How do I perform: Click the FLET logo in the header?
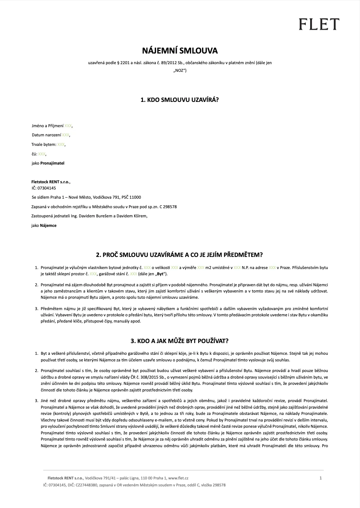click(x=318, y=24)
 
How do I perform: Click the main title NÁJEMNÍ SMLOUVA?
click(x=180, y=51)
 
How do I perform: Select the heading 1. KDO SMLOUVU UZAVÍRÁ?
click(x=180, y=99)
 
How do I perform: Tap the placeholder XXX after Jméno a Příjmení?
click(x=68, y=126)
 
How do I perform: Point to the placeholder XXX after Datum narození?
click(x=66, y=135)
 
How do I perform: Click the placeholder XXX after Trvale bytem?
click(x=61, y=144)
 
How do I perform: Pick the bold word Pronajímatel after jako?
click(x=52, y=163)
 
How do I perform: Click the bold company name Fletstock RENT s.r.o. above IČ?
click(x=51, y=181)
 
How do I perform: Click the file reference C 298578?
click(x=168, y=207)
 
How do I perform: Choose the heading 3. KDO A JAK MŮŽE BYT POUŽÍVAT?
click(x=180, y=341)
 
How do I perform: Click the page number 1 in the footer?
click(x=321, y=478)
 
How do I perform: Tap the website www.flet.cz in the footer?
click(x=178, y=478)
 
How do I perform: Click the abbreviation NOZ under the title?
click(x=180, y=70)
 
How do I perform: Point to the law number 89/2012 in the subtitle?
click(x=168, y=63)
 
